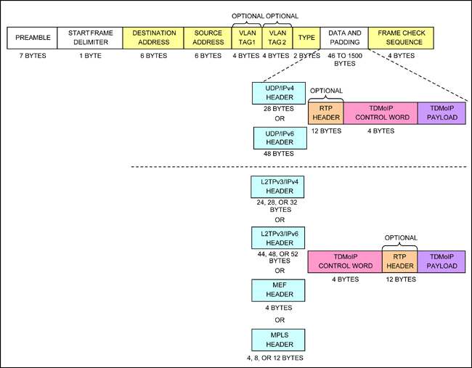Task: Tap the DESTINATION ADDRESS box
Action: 153,38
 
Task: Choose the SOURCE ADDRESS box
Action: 207,38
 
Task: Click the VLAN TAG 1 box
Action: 245,38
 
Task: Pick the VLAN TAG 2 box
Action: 277,38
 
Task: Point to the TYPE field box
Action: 307,38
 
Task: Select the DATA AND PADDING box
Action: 344,38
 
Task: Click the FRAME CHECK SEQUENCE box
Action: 401,38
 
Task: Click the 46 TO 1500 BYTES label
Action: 344,60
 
